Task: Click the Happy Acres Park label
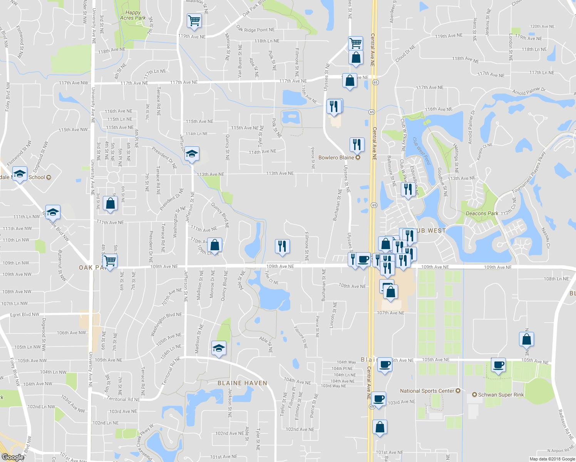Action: (133, 15)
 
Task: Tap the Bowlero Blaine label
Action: (336, 157)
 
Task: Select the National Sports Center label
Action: (427, 391)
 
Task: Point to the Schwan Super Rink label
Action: (501, 395)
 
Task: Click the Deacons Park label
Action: (482, 213)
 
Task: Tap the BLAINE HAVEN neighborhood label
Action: (242, 383)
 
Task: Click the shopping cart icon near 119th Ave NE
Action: (194, 21)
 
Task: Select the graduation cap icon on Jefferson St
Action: (192, 154)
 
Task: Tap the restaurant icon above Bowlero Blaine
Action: (357, 144)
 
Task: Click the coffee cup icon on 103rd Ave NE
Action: (379, 399)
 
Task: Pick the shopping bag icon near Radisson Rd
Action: (526, 340)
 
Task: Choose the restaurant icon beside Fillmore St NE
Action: (282, 246)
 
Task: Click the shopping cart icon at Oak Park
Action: (110, 261)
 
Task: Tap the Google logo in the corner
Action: (13, 457)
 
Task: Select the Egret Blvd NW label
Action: (25, 315)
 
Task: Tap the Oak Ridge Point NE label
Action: (255, 29)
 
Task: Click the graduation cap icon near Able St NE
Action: (219, 348)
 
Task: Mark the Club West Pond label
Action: (421, 151)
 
